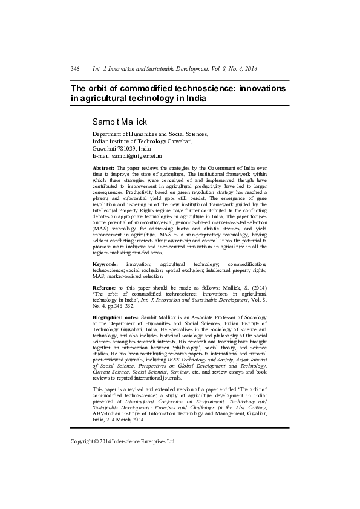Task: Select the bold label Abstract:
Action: [103, 166]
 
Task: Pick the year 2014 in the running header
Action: [250, 69]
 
